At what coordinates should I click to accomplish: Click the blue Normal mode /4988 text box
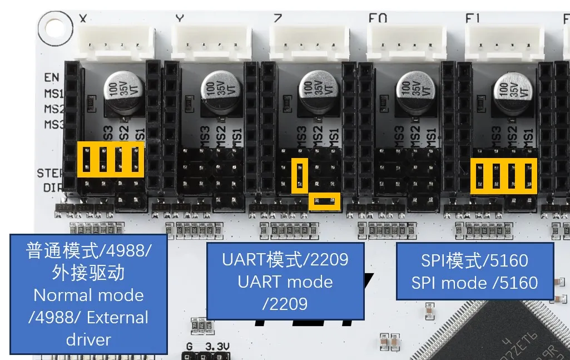pos(89,294)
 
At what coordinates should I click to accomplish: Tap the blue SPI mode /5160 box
pos(475,272)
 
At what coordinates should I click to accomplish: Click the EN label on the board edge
pos(52,78)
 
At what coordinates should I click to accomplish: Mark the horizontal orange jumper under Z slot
pos(324,201)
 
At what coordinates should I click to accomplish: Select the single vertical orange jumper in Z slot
pos(300,175)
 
